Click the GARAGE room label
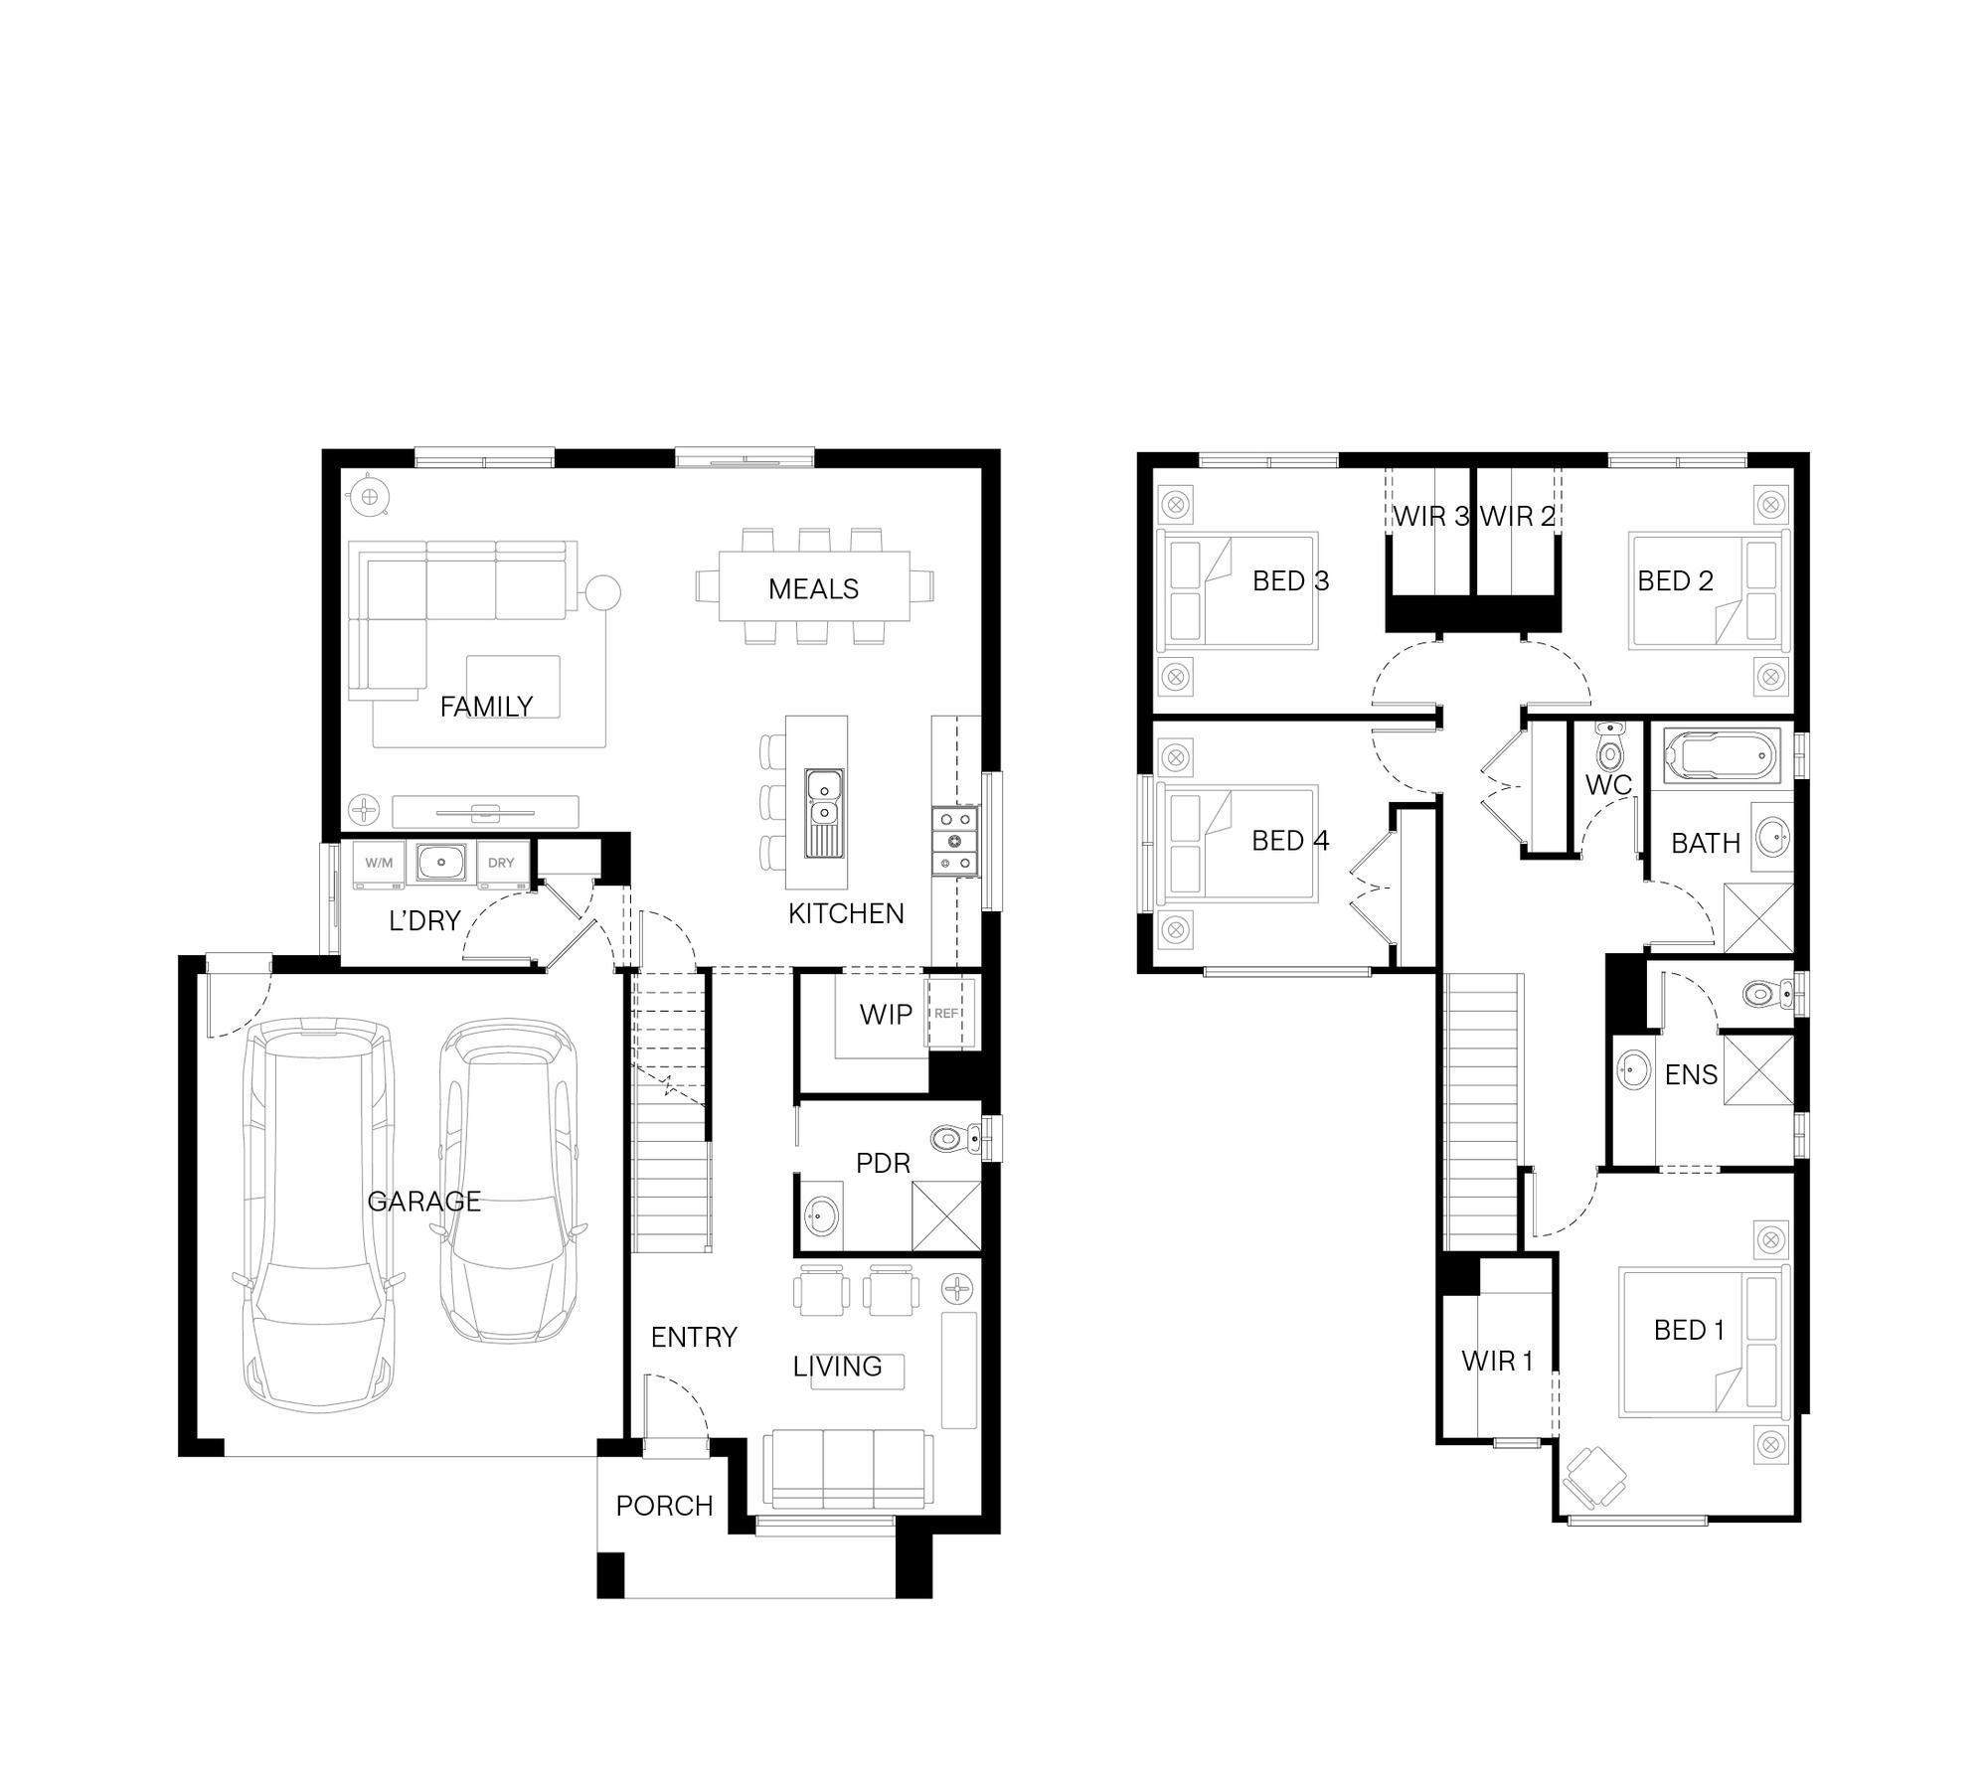tap(424, 1202)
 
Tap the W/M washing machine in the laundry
tap(379, 864)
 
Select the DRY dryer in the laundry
tap(501, 864)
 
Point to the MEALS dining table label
tap(813, 589)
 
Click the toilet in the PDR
tap(956, 1137)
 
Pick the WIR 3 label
tap(1430, 517)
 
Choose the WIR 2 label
tap(1518, 517)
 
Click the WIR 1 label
tap(1497, 1362)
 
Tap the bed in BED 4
tap(1237, 843)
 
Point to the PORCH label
tap(664, 1507)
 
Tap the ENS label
tap(1691, 1074)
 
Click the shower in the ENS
tap(1758, 1069)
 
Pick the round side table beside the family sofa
tap(602, 593)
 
